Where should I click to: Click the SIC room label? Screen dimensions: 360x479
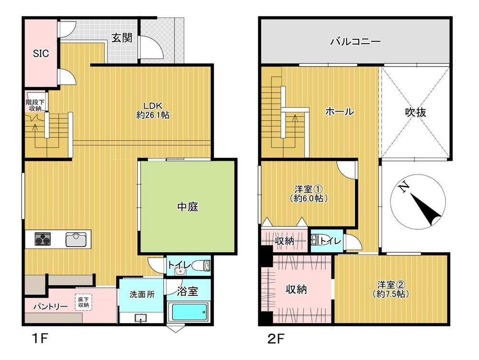pos(41,54)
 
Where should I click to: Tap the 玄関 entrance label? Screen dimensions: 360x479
pos(122,38)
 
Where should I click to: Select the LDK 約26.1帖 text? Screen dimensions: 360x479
pos(153,111)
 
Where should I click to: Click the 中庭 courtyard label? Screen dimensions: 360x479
pos(188,207)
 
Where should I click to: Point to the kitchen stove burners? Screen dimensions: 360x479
pos(42,238)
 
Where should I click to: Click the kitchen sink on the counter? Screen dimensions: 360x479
pos(75,238)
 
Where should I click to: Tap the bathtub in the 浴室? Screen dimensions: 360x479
pos(189,313)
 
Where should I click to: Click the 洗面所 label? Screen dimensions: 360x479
pos(142,295)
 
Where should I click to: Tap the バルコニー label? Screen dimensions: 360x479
pos(355,42)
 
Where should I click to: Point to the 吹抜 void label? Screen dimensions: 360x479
pos(415,112)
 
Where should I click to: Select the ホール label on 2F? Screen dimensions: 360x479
pos(339,112)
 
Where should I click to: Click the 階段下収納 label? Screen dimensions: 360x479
pos(34,105)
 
